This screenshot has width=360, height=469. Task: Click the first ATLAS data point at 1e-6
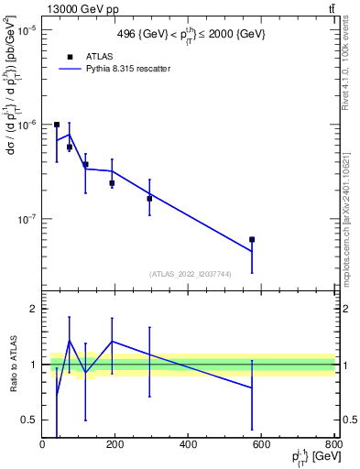pos(57,125)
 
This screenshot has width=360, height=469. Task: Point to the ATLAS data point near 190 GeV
pos(112,183)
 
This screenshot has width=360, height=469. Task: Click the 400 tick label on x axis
pos(189,445)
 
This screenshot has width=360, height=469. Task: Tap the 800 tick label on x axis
pos(333,445)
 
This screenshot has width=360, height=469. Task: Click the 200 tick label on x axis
pos(115,445)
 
